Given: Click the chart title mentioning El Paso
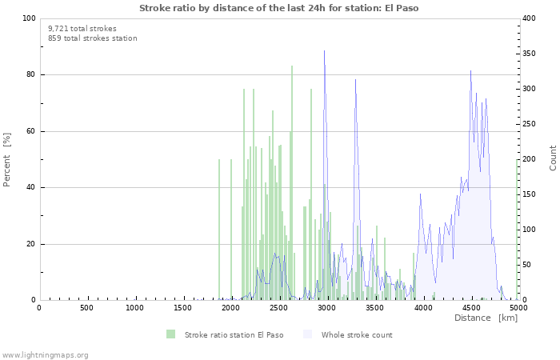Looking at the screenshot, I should pyautogui.click(x=278, y=8).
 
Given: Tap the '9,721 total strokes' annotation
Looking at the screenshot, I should pyautogui.click(x=82, y=28).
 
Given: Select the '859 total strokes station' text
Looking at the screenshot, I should pyautogui.click(x=92, y=38).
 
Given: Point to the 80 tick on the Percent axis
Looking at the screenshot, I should pyautogui.click(x=30, y=75).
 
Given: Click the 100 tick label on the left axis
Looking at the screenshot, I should pyautogui.click(x=28, y=18).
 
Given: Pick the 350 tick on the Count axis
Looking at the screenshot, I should pyautogui.click(x=530, y=54).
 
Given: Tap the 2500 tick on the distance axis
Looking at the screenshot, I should pyautogui.click(x=278, y=308).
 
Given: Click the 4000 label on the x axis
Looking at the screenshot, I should pyautogui.click(x=422, y=308).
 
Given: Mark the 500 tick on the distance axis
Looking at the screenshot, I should pyautogui.click(x=86, y=308).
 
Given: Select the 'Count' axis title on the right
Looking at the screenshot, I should pyautogui.click(x=553, y=158).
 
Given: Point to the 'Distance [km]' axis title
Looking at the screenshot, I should pyautogui.click(x=486, y=318).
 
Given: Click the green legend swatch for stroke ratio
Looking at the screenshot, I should pyautogui.click(x=171, y=334).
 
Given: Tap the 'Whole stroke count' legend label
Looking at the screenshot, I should pyautogui.click(x=357, y=335).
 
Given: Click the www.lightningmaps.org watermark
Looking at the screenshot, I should pyautogui.click(x=45, y=355).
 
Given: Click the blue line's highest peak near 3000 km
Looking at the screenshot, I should pyautogui.click(x=324, y=51).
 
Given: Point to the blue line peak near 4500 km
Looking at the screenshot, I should pyautogui.click(x=470, y=71).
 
